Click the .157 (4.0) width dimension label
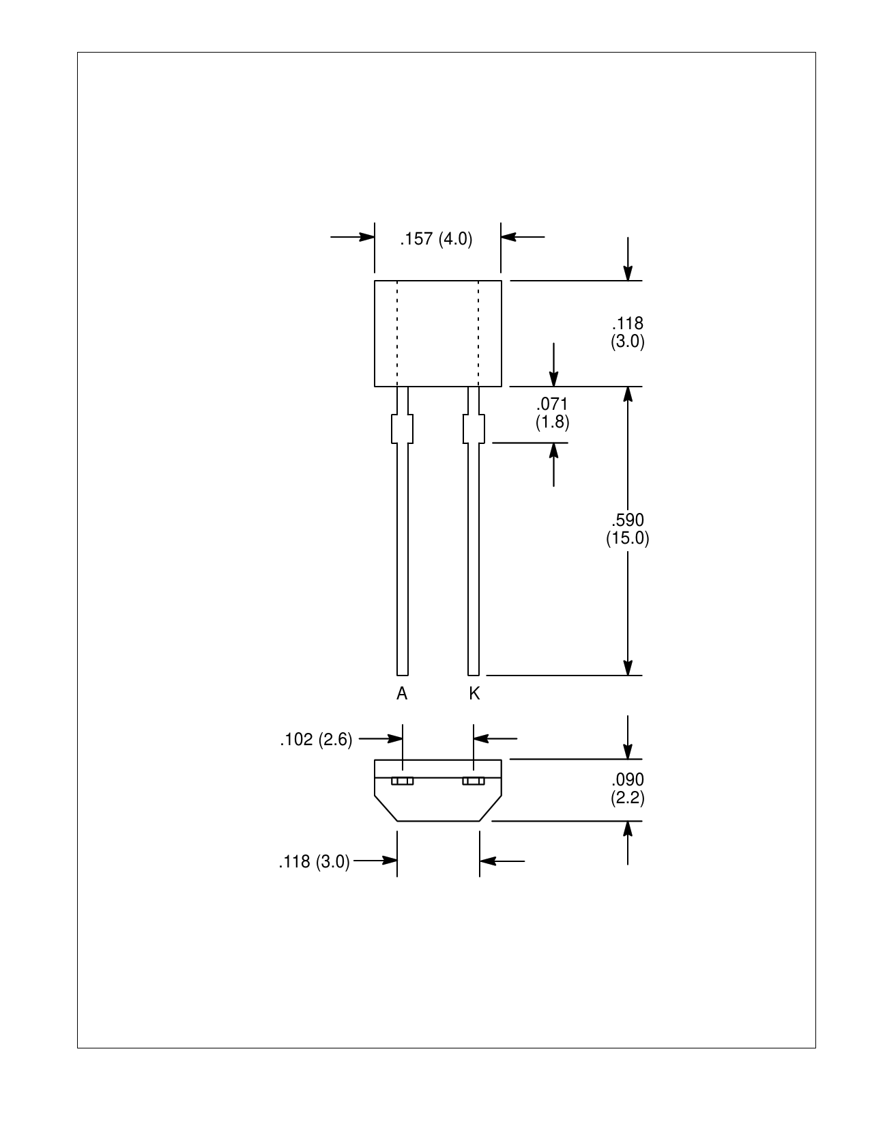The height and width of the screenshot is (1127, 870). pyautogui.click(x=436, y=239)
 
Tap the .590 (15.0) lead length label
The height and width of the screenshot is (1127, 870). pyautogui.click(x=628, y=529)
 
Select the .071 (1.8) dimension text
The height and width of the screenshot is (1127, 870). pyautogui.click(x=552, y=413)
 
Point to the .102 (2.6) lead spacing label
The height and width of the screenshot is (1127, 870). pyautogui.click(x=316, y=740)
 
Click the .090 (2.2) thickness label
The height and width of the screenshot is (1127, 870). pyautogui.click(x=628, y=789)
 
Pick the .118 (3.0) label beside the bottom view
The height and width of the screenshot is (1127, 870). pyautogui.click(x=314, y=861)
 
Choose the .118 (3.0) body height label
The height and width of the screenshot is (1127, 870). pyautogui.click(x=628, y=333)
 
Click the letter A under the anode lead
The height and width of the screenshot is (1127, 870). pyautogui.click(x=402, y=693)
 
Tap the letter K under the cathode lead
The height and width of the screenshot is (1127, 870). pyautogui.click(x=474, y=693)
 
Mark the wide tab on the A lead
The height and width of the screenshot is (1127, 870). pyautogui.click(x=402, y=428)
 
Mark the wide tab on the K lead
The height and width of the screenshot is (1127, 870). pyautogui.click(x=474, y=428)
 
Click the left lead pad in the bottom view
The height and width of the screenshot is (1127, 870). pyautogui.click(x=402, y=781)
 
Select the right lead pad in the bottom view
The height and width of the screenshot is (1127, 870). pyautogui.click(x=474, y=781)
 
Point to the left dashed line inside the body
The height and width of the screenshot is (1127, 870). pyautogui.click(x=397, y=333)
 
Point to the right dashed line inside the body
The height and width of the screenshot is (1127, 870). pyautogui.click(x=478, y=333)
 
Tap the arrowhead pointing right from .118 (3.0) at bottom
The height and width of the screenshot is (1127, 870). pyautogui.click(x=390, y=861)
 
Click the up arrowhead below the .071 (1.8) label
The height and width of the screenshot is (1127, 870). pyautogui.click(x=553, y=451)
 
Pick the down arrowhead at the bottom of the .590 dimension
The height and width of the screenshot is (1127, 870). pyautogui.click(x=628, y=667)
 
